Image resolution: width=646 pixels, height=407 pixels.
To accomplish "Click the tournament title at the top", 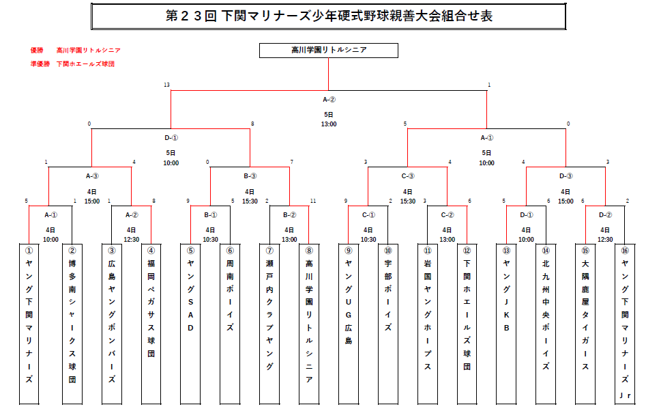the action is pyautogui.click(x=329, y=16).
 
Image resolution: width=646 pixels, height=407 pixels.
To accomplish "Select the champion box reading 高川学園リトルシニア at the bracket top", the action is pyautogui.click(x=329, y=51).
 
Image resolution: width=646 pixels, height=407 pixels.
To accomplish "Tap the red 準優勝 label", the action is pyautogui.click(x=40, y=64).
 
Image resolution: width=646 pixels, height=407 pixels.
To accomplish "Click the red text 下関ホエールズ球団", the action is pyautogui.click(x=86, y=64).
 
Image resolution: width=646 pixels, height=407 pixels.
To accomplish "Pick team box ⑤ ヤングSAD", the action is pyautogui.click(x=190, y=324).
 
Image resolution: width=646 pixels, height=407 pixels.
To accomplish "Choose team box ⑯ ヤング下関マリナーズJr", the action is pyautogui.click(x=625, y=324).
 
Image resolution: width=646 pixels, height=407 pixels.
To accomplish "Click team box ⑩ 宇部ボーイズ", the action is pyautogui.click(x=388, y=324).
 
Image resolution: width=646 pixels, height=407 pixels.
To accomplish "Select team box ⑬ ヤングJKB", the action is pyautogui.click(x=506, y=324).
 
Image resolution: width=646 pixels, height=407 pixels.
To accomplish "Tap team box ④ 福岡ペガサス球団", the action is pyautogui.click(x=151, y=324).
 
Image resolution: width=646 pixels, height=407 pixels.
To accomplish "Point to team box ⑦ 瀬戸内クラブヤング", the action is pyautogui.click(x=269, y=324).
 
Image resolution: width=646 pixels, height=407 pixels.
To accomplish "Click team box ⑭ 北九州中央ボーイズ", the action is pyautogui.click(x=546, y=324).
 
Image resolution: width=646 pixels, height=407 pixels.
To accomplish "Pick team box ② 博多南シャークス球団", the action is pyautogui.click(x=72, y=324).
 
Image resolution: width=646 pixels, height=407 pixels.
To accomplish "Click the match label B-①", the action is pyautogui.click(x=211, y=215).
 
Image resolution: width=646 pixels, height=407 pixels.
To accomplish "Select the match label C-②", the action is pyautogui.click(x=447, y=215).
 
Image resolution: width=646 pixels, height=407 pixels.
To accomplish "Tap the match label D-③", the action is pyautogui.click(x=566, y=176).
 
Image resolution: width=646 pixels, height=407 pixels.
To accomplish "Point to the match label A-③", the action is pyautogui.click(x=92, y=176).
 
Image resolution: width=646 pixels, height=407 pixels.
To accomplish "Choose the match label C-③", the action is pyautogui.click(x=408, y=176).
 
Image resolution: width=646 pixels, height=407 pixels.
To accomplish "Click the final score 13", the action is pyautogui.click(x=166, y=85).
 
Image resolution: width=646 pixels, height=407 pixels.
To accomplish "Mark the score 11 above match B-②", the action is pyautogui.click(x=313, y=201).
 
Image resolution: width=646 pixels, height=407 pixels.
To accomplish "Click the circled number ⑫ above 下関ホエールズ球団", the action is pyautogui.click(x=467, y=251).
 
